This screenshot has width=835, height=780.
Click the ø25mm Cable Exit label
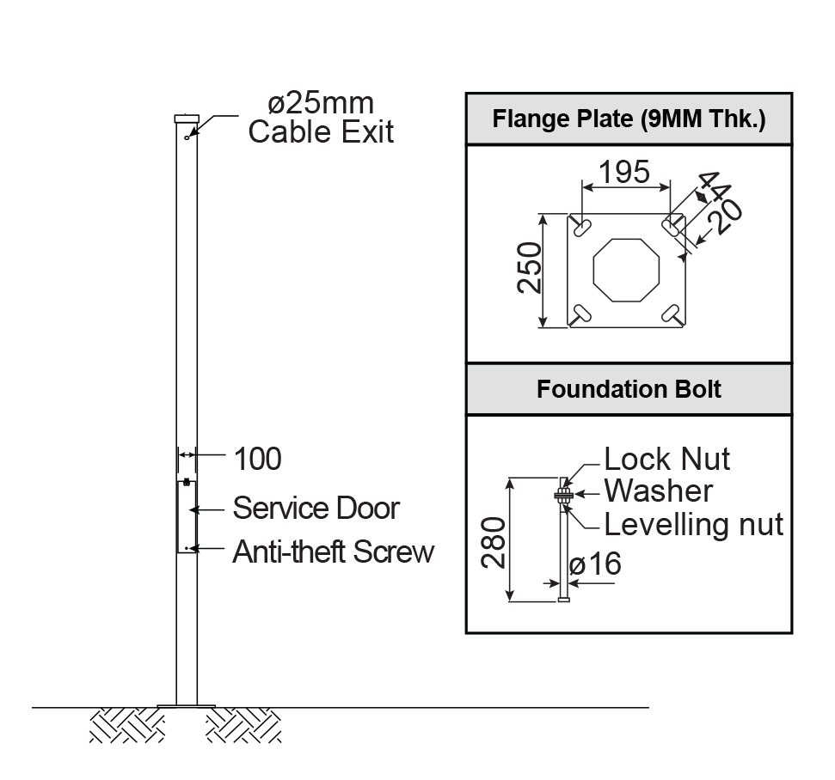pos(321,118)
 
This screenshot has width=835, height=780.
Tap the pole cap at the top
pos(187,118)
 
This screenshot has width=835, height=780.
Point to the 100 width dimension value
pos(257,460)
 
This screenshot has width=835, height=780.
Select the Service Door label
pos(316,508)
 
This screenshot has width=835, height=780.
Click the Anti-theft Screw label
pos(333,551)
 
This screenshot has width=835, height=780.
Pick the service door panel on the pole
pos(187,516)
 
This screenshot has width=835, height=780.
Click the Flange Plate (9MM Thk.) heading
pos(629,119)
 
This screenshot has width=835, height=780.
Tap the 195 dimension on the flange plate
pos(624,173)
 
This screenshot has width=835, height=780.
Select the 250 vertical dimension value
pos(529,268)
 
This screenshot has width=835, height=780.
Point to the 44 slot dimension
pos(712,186)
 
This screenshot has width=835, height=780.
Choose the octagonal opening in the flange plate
pos(626,270)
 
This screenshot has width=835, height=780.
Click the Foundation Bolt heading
pos(629,389)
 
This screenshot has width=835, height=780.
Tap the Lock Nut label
pos(666,459)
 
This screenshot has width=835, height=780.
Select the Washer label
pos(658,491)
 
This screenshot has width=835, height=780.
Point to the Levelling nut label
pos(693,523)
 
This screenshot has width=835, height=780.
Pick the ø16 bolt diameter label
pos(594,564)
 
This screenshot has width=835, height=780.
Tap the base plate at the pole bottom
pos(187,706)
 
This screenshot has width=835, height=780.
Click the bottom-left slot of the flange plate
pos(582,313)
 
